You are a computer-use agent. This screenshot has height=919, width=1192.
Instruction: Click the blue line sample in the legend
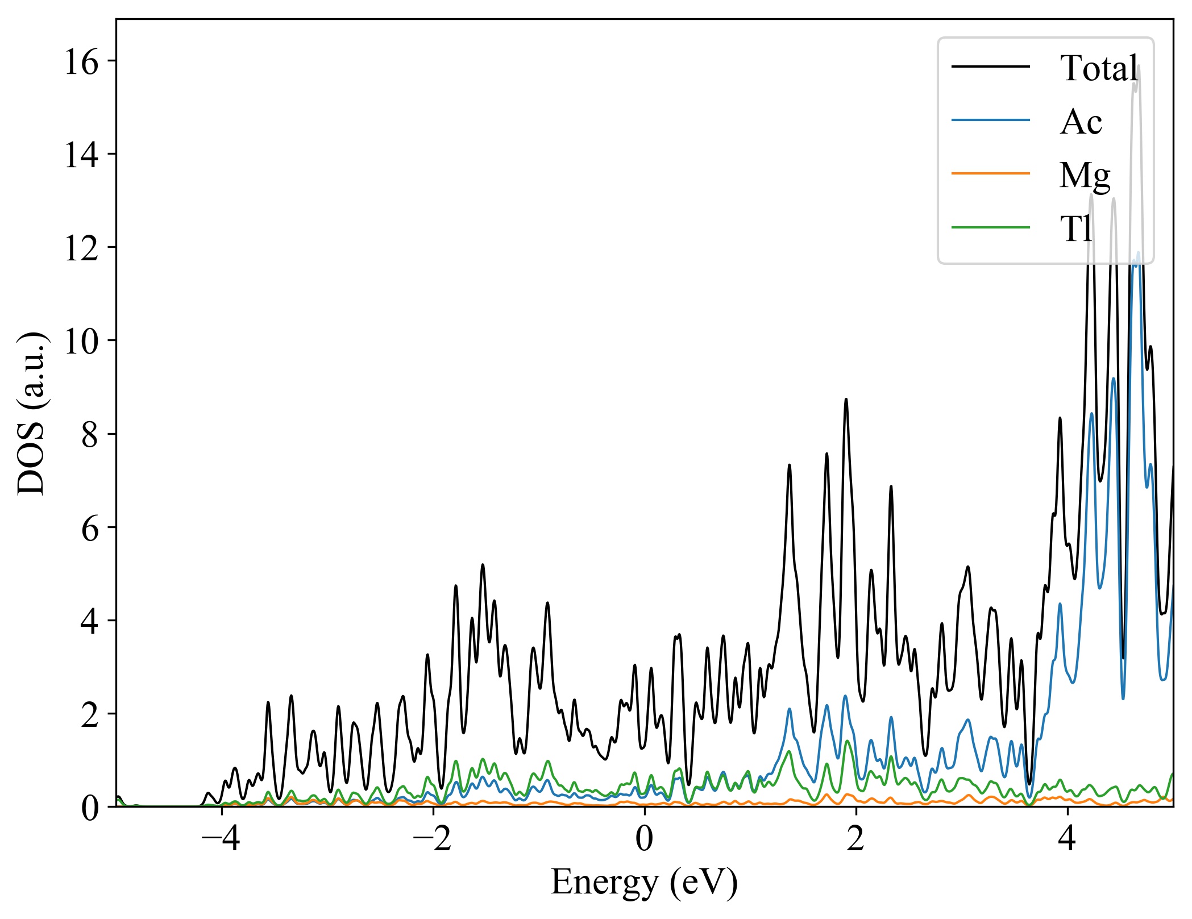click(991, 120)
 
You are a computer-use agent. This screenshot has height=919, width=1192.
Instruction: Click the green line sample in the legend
click(991, 227)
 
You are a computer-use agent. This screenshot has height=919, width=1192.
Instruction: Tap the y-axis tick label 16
click(82, 61)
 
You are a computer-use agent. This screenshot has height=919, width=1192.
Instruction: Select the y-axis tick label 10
click(82, 341)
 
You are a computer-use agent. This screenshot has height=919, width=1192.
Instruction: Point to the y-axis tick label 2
click(90, 714)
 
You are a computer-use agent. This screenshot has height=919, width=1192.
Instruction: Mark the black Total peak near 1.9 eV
click(846, 400)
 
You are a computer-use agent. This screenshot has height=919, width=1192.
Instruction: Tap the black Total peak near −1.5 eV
click(483, 565)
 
